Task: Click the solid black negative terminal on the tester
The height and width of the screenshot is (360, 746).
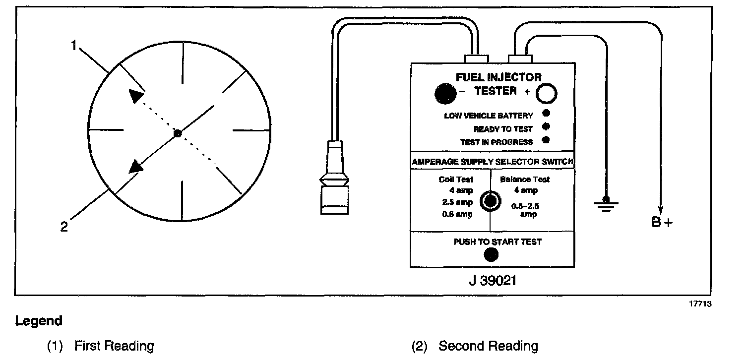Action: click(445, 93)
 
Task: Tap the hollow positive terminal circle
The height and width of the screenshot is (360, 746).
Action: click(546, 94)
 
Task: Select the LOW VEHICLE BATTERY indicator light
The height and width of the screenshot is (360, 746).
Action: click(546, 114)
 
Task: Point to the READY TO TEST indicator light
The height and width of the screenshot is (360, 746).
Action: click(546, 126)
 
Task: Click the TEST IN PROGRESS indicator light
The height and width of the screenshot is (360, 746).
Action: click(546, 140)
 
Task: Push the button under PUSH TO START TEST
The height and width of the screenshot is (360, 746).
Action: click(491, 254)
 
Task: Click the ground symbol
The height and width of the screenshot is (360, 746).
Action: click(604, 204)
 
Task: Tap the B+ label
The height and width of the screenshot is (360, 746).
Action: click(662, 222)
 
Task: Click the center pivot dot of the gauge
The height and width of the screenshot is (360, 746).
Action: click(178, 133)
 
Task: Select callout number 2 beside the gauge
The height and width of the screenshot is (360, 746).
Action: click(63, 227)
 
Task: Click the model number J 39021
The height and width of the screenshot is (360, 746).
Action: click(492, 281)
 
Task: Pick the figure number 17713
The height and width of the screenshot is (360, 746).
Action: click(700, 304)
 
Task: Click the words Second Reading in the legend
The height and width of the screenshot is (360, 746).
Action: click(488, 346)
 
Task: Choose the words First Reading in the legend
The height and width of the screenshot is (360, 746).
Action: click(114, 346)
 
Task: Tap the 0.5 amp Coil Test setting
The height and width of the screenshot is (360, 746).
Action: click(456, 214)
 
